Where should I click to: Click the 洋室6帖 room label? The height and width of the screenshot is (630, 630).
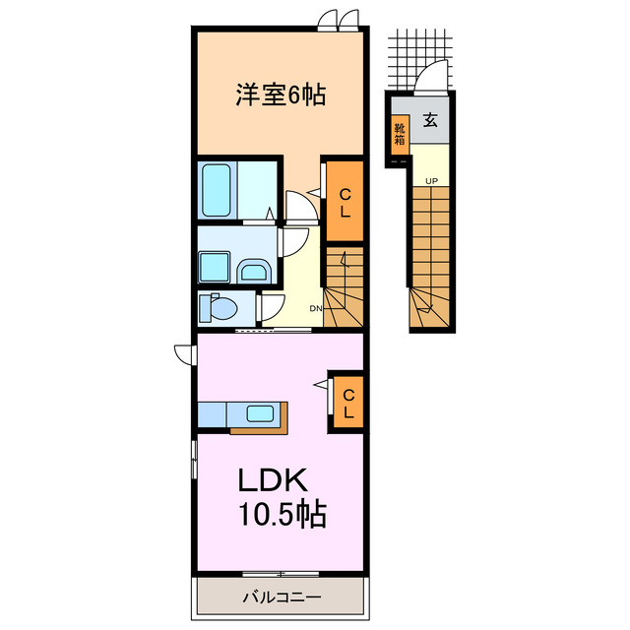click(x=280, y=96)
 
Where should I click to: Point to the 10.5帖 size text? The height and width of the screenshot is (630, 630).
click(x=281, y=514)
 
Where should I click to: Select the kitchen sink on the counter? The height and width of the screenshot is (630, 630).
click(x=260, y=414)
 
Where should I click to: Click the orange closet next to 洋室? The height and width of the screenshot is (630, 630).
click(x=345, y=201)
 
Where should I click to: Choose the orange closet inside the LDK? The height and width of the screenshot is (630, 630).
click(x=347, y=402)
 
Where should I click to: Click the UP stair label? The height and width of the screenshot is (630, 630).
click(x=431, y=180)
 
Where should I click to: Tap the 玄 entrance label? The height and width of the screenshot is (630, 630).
click(x=430, y=122)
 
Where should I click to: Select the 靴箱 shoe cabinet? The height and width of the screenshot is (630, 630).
click(x=400, y=132)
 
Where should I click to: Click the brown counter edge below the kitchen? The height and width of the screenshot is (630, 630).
click(x=259, y=430)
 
